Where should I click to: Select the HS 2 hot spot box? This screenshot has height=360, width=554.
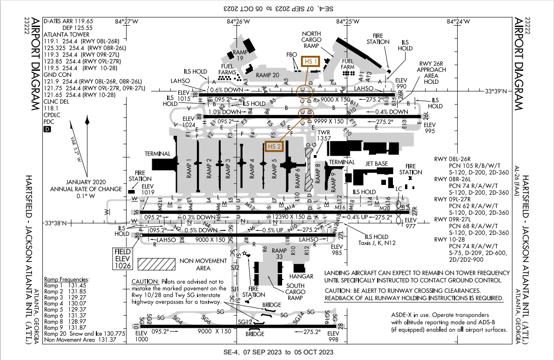click(275, 147)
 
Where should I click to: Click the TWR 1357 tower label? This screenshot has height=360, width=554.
click(324, 136)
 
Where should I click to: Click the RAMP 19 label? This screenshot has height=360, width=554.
click(239, 55)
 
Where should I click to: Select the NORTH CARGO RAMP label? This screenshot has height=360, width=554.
click(312, 40)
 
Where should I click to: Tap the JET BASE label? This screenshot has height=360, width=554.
click(377, 164)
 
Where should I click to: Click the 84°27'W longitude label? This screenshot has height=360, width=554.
click(126, 21)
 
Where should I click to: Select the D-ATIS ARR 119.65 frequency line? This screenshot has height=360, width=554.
click(68, 21)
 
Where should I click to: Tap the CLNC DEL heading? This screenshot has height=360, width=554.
click(55, 101)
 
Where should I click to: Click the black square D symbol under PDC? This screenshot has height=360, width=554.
click(46, 129)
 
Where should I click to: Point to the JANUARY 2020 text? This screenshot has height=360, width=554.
click(87, 182)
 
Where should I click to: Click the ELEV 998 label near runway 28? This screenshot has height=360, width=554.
click(333, 336)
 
